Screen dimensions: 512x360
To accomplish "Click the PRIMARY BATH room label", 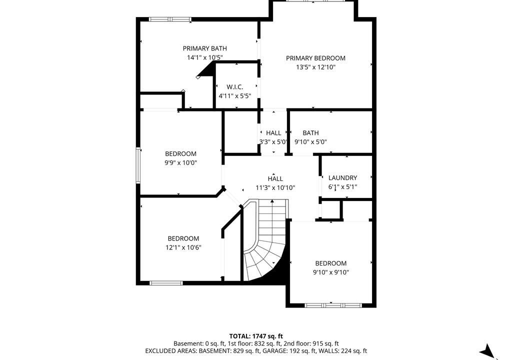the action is tap(204, 48).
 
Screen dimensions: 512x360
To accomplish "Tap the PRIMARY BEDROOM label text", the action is tap(315, 58).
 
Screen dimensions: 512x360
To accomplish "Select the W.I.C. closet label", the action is tap(235, 87).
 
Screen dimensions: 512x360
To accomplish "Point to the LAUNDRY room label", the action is tap(342, 177).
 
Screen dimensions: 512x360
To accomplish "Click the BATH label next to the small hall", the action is tap(310, 133).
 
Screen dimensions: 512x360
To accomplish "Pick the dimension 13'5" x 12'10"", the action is tap(316, 67).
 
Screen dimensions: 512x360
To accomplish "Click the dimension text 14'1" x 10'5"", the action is tap(204, 57).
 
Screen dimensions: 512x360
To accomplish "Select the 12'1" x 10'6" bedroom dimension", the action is tap(183, 247).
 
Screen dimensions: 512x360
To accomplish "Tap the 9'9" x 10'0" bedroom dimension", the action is tap(180, 162).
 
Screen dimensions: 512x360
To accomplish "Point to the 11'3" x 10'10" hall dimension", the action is tap(275, 188).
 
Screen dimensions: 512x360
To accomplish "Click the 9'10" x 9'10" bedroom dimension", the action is tap(331, 272).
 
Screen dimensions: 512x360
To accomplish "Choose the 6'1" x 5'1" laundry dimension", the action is tap(342, 187).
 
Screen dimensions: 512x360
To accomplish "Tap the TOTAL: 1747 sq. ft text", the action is tap(256, 336).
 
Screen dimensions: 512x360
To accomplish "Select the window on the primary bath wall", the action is tap(170, 19).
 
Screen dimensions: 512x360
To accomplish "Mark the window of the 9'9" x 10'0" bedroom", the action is tap(138, 165).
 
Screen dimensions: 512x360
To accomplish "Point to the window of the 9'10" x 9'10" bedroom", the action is tap(333, 305).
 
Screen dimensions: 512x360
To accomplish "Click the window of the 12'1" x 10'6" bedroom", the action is tap(166, 283).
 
